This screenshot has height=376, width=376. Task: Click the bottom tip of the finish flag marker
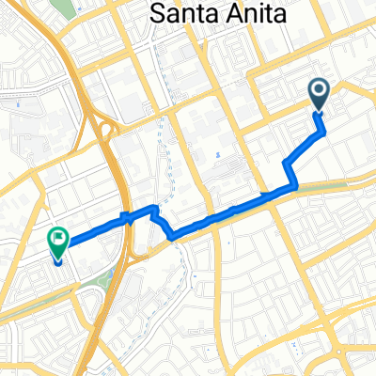coord(58,260)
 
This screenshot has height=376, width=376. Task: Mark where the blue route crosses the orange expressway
coord(122,219)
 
